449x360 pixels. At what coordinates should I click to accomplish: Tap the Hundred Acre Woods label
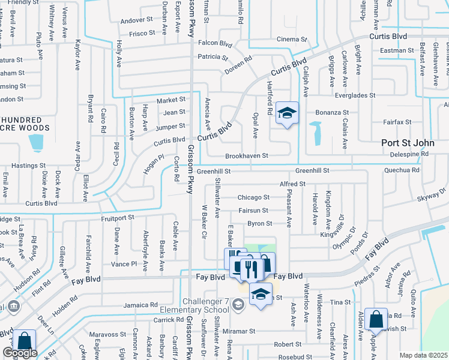point(25,124)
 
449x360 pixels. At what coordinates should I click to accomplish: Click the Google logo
point(20,353)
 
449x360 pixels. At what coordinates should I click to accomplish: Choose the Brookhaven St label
point(246,156)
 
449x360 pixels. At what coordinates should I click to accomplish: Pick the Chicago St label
point(253,197)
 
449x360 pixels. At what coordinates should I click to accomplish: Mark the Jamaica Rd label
point(140,305)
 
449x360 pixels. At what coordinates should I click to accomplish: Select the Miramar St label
point(240,331)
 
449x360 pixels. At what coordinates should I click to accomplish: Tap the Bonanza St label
point(333,112)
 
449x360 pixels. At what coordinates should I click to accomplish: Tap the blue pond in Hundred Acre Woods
point(35,142)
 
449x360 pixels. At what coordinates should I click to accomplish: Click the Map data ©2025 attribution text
point(423,355)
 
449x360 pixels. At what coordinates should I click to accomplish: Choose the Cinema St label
point(292,40)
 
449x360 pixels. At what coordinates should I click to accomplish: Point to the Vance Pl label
point(124,264)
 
